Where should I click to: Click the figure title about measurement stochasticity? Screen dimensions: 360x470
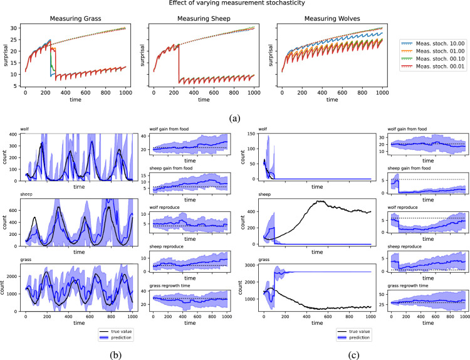235,4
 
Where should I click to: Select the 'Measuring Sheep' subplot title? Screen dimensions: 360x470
204,18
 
